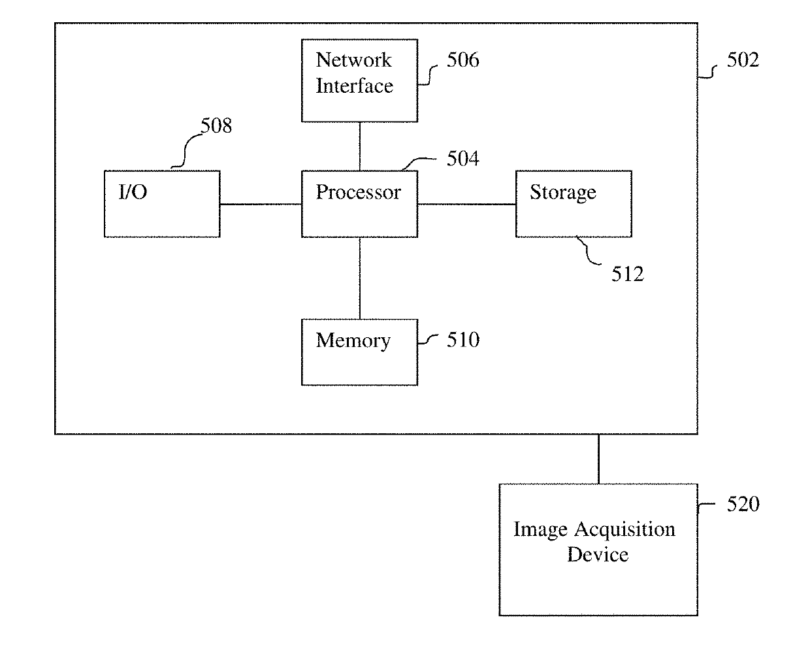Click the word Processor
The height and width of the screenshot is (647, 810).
pos(358,192)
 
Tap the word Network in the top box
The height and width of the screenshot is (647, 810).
pos(353,60)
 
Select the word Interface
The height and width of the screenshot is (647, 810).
pos(354,86)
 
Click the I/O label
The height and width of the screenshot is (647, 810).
pos(133,191)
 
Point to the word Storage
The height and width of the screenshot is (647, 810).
pos(563,193)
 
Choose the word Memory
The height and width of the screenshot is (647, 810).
pos(353,341)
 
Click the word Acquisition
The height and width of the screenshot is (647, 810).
pos(624,530)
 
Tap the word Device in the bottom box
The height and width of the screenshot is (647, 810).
pos(598,555)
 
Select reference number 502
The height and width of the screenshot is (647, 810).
pos(743,60)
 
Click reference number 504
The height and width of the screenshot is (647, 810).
pos(462,158)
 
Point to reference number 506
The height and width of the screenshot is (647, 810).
pos(462,60)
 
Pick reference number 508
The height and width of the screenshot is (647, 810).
pos(216,125)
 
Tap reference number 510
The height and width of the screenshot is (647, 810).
pos(463,340)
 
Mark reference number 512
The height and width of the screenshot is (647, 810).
pos(628,274)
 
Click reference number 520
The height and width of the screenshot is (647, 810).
pos(743,504)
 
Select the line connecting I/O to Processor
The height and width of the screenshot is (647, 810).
pos(261,205)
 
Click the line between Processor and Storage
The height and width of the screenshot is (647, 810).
pos(466,205)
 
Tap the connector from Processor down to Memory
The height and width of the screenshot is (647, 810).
pos(360,278)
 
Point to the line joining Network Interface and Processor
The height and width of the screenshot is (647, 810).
pos(360,146)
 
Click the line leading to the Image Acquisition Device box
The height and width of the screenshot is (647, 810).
pos(598,459)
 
